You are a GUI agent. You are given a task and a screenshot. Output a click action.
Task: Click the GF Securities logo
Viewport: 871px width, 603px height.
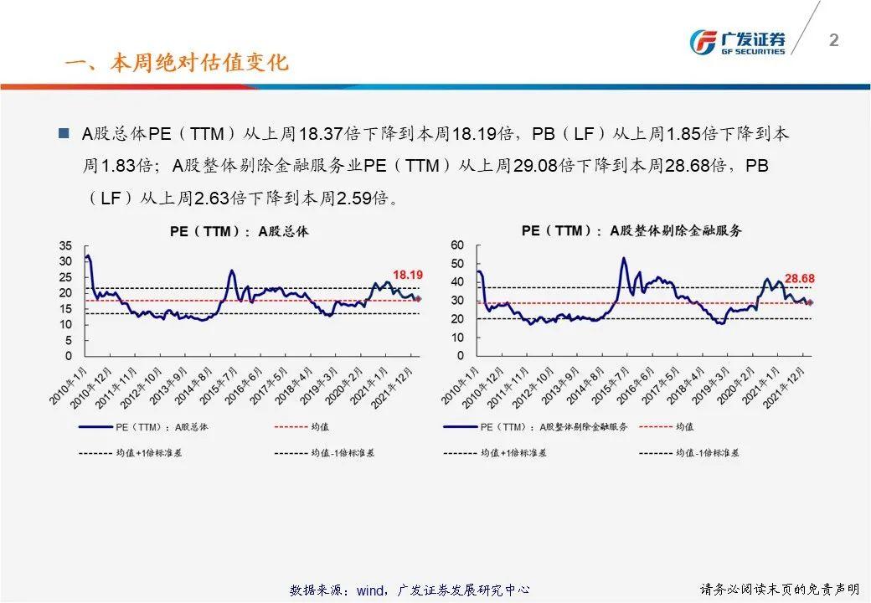[737, 42]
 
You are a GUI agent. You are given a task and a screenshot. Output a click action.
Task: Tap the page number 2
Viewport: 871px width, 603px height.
[833, 40]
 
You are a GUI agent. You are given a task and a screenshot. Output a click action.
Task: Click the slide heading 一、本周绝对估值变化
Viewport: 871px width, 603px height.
[177, 64]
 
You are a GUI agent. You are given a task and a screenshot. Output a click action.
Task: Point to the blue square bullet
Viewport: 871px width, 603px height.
[64, 133]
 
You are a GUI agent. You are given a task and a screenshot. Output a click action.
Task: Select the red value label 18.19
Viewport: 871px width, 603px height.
[408, 275]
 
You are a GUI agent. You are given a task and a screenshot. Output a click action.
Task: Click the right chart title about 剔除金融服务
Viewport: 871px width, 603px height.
[631, 231]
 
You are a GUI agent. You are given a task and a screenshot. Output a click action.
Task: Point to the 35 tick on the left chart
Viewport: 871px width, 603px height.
[66, 245]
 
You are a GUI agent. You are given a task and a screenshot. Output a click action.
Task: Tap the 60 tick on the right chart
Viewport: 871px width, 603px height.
[457, 245]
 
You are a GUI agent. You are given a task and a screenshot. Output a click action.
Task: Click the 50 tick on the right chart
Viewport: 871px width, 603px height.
[457, 264]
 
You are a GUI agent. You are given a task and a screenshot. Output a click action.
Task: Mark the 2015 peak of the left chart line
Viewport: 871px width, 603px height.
[232, 271]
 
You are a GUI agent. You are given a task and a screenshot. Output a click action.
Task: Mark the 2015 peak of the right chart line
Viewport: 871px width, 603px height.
[623, 258]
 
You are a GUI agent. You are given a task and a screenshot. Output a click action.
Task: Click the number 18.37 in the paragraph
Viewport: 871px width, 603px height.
[319, 134]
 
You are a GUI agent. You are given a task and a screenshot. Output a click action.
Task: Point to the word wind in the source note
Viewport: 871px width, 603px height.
[369, 590]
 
